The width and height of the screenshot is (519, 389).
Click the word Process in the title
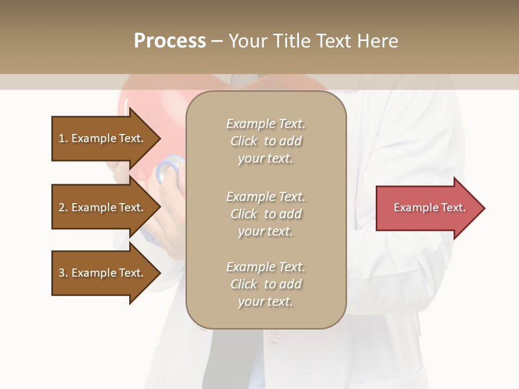170,41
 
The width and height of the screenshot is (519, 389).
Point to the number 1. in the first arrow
63,139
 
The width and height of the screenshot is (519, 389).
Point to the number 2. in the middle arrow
63,208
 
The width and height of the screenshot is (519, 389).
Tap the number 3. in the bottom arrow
63,273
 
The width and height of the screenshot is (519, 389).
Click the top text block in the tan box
265,141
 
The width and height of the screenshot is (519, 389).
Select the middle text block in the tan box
265,214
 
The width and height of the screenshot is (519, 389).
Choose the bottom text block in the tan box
265,284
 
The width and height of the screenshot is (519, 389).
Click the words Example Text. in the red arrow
429,207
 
